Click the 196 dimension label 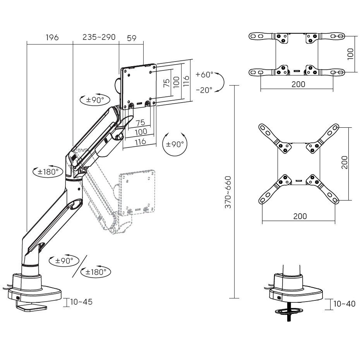pos(52,38)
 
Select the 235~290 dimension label pos(99,38)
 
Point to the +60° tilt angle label pos(204,74)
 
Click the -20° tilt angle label pos(204,90)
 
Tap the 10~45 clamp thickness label pos(81,302)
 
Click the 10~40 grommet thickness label pos(344,304)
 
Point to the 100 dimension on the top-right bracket pos(350,54)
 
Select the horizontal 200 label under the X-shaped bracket pos(300,216)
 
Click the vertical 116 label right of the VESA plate pos(186,81)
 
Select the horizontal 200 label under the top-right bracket pos(298,84)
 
